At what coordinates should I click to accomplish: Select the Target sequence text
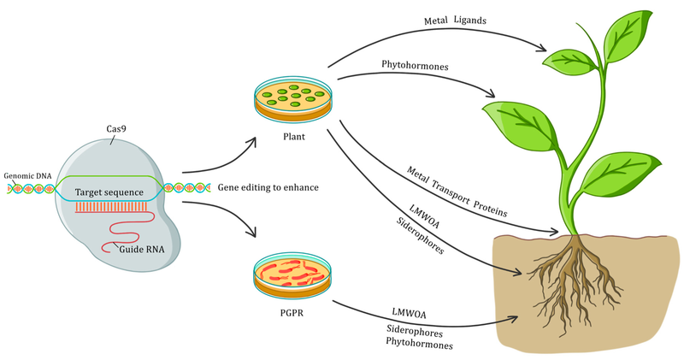point(111,192)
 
